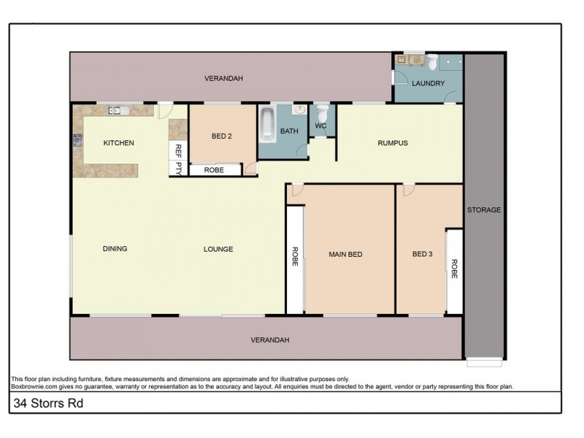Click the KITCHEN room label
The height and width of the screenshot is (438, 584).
coord(118,143)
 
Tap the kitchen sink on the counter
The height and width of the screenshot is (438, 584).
coord(118,111)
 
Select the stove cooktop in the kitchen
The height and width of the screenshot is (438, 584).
coord(77,140)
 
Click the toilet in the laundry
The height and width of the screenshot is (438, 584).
coord(432,61)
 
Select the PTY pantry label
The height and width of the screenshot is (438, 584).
coord(177,168)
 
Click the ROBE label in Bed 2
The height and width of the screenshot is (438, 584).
coord(214,170)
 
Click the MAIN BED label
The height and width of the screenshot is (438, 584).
coord(345,255)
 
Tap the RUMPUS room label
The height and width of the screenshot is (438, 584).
coord(393,143)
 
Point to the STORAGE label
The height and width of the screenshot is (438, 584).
coord(484,210)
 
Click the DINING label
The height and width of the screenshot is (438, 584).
coord(115,249)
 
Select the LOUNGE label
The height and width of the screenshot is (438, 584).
coord(218,250)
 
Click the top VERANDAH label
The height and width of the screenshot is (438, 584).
coord(223,78)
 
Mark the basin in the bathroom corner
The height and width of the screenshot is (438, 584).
coord(299,109)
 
